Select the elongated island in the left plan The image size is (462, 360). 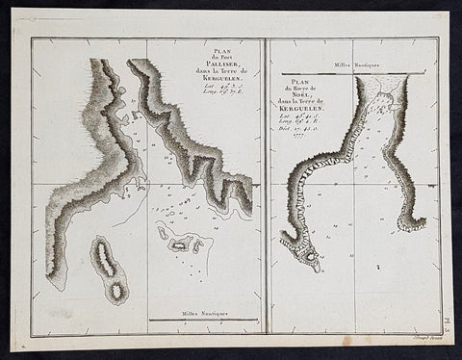click(109, 267)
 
